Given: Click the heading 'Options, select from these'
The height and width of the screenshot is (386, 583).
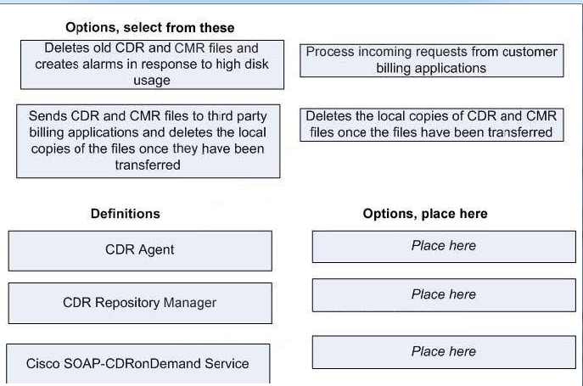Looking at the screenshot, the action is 150,28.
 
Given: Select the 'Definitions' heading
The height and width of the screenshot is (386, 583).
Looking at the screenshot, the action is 126,214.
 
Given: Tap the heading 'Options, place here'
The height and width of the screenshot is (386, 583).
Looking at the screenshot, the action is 425,214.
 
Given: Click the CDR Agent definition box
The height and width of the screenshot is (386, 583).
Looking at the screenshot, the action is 140,251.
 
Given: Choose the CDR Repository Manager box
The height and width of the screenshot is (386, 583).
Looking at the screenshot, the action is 140,303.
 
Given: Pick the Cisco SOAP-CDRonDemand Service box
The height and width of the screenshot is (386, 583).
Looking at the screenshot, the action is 138,363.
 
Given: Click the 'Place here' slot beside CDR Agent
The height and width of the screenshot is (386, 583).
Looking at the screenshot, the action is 444,247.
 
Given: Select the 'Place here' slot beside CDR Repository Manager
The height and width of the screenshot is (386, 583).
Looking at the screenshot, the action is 444,295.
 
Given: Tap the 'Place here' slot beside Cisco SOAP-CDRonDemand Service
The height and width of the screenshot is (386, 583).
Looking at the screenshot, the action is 444,352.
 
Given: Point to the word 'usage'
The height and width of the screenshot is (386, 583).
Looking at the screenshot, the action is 152,81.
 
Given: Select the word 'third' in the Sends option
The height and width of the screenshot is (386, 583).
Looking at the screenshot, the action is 221,116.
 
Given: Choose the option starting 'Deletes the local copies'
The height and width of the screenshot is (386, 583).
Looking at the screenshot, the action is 432,125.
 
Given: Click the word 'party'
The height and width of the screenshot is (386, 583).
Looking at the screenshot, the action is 252,116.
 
